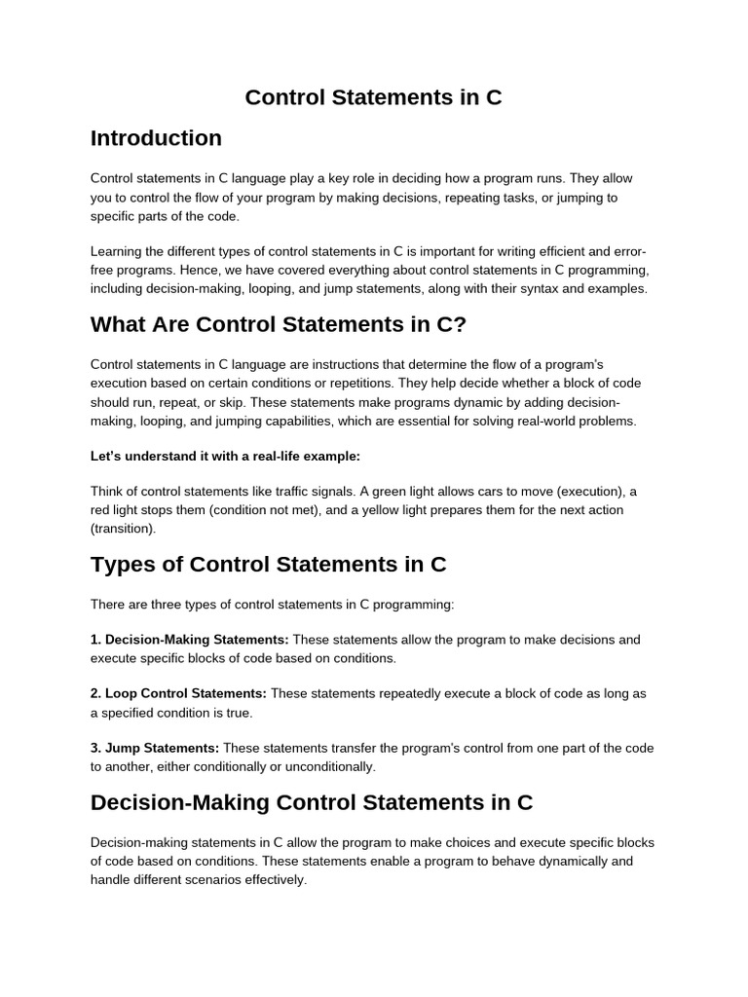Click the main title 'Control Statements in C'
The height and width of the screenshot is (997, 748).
[x=373, y=97]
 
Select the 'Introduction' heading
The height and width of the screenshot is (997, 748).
[x=156, y=138]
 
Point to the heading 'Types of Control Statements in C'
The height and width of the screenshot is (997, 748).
[x=268, y=565]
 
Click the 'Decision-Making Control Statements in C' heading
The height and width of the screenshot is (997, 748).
[x=312, y=802]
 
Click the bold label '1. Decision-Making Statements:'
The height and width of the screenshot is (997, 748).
[x=189, y=640]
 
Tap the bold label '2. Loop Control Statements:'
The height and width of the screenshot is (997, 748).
[x=178, y=694]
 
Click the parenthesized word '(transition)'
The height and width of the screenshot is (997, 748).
[x=122, y=529]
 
